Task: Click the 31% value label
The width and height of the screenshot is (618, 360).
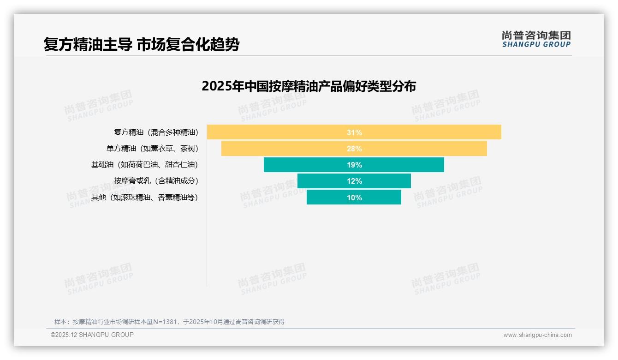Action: coord(354,132)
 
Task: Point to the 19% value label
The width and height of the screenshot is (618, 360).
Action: coord(354,165)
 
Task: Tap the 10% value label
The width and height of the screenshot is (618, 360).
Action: coord(354,198)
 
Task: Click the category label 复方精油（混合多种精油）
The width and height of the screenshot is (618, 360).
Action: coord(156,132)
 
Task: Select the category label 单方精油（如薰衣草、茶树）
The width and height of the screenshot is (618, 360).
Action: coord(152,149)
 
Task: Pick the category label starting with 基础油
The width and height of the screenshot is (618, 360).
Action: coord(144,165)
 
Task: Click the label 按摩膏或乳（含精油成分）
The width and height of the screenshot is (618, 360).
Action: coord(156,181)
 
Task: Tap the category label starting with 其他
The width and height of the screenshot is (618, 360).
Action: coord(144,198)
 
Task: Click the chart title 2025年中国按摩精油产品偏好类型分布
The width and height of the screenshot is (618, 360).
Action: coord(309,86)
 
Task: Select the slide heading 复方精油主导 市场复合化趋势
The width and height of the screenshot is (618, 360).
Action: coord(141,45)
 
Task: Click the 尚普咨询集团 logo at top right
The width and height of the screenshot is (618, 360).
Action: coord(536,36)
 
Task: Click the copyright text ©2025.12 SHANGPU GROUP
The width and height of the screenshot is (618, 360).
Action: coord(92,335)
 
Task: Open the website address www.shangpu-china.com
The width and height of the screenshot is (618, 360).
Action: coord(537,335)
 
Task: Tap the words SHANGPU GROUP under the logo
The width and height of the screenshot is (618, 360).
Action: coord(536,45)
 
